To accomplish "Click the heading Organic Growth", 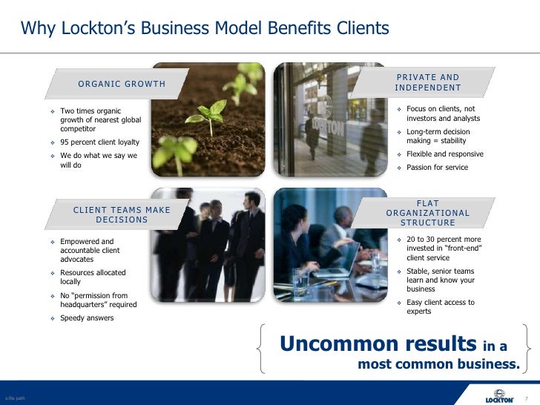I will click(x=122, y=84).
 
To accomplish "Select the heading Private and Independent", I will click(x=428, y=83).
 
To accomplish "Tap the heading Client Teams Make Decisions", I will click(x=122, y=214).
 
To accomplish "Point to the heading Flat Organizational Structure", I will click(x=428, y=213).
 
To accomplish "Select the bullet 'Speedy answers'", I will click(x=87, y=318).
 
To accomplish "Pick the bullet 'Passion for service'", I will click(x=437, y=168).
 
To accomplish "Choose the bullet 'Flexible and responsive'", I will click(x=444, y=154).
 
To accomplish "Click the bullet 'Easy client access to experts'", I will click(x=440, y=307).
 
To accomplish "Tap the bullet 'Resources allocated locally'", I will click(x=92, y=277).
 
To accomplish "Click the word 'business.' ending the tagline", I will click(x=489, y=364).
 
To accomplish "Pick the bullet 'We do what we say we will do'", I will click(x=98, y=160).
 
